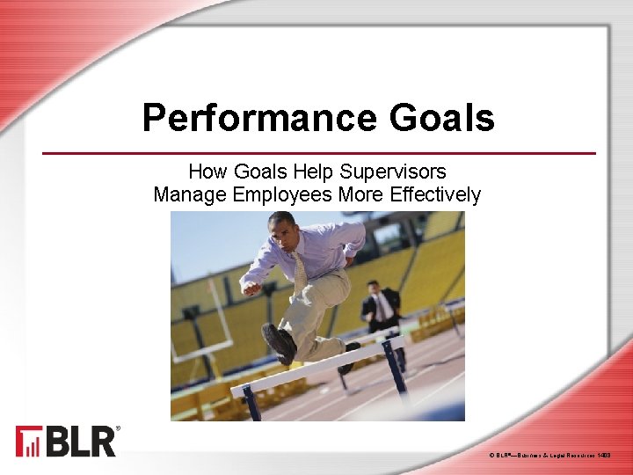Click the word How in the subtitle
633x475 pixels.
207,172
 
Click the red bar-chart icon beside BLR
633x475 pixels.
27,442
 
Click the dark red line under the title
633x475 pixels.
319,153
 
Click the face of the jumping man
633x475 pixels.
283,230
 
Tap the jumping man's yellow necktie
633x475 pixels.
300,272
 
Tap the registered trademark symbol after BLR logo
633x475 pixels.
119,429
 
